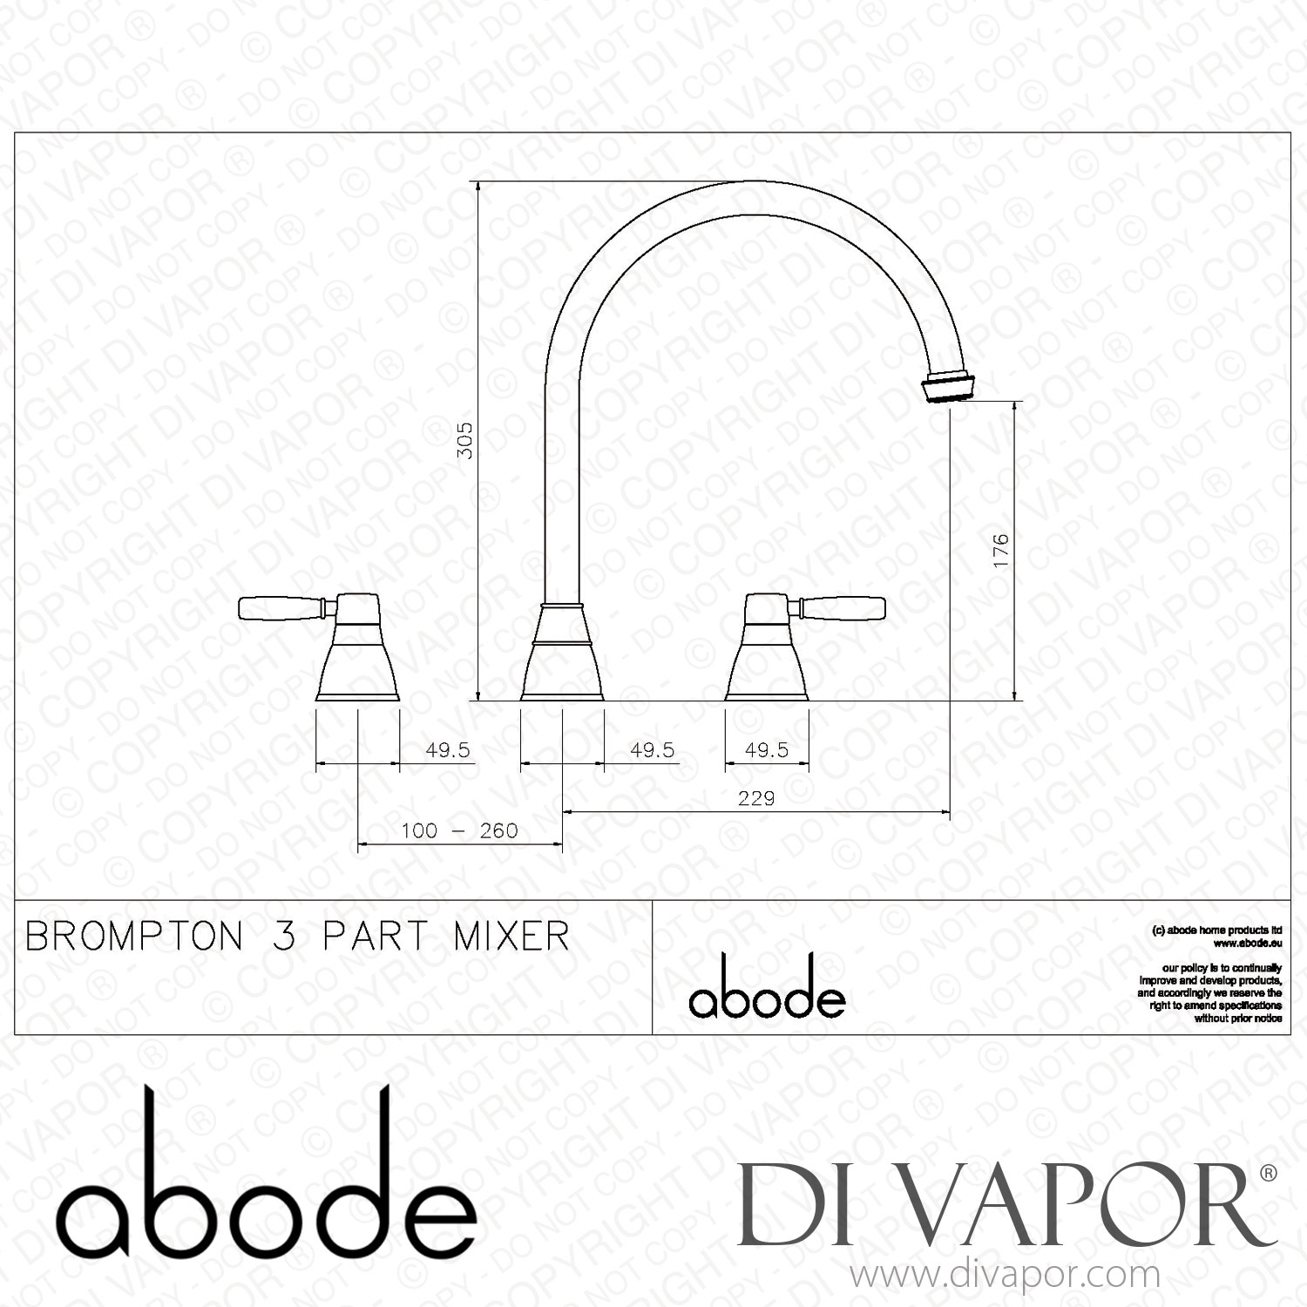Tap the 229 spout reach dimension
[x=755, y=798]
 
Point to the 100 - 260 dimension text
[x=459, y=831]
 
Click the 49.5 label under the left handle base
[x=448, y=750]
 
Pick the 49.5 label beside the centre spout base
[x=653, y=750]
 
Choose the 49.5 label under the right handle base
[x=767, y=750]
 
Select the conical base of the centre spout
[x=562, y=653]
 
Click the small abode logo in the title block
[x=767, y=990]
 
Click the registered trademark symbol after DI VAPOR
[x=1269, y=1173]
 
